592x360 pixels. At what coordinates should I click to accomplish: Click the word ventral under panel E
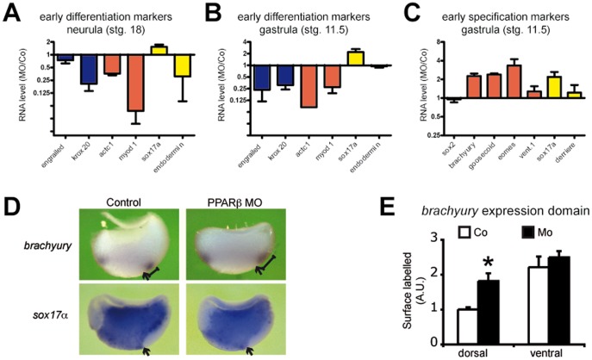[x=549, y=353]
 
